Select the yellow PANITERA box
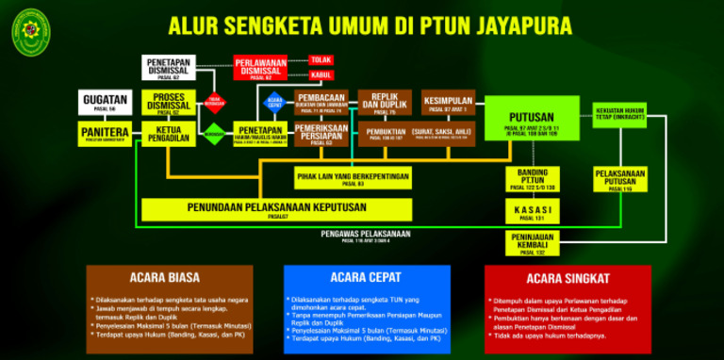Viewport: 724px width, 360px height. pos(105,133)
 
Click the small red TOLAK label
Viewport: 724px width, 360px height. pos(321,59)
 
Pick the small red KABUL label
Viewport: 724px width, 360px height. pos(321,74)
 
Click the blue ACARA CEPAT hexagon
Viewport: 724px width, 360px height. pos(274,102)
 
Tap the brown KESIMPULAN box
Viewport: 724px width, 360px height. pos(448,101)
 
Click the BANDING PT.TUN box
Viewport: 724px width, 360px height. pos(533,179)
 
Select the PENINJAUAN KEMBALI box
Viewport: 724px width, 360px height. pos(533,241)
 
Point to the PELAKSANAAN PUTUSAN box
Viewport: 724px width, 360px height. pos(619,179)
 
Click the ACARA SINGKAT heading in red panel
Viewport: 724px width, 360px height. pos(568,279)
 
